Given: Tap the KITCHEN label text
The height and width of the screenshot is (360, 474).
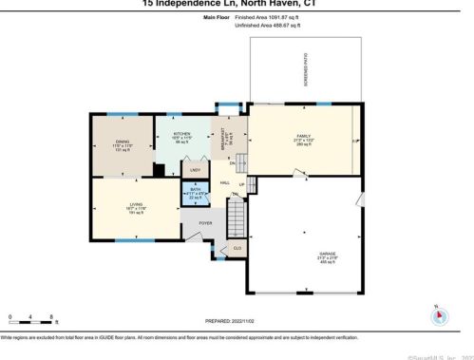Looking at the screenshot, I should [x=181, y=134].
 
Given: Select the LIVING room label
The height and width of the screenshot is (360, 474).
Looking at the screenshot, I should [x=137, y=204].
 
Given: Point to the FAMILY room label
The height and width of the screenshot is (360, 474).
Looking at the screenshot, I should [x=304, y=137].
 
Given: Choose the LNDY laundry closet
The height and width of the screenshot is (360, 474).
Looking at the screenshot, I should [x=195, y=170].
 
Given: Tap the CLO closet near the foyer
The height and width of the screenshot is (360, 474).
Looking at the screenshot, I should [x=237, y=249].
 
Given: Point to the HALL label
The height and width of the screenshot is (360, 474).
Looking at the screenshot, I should [x=225, y=182].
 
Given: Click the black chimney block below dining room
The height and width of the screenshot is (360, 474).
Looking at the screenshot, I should [x=159, y=171].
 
